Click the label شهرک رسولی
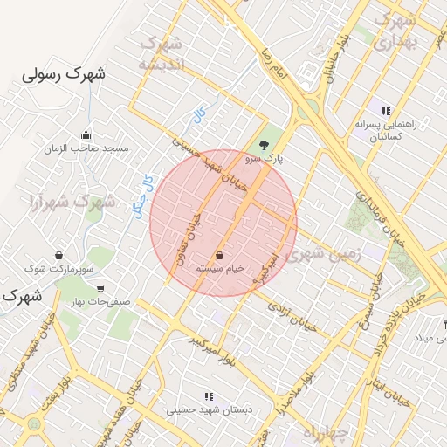[65, 75]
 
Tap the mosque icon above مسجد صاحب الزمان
[86, 135]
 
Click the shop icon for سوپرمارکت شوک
[58, 256]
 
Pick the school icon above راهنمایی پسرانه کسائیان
[385, 110]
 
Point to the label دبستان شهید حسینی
[203, 409]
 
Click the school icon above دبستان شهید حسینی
[208, 395]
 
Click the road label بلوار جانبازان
[339, 52]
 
